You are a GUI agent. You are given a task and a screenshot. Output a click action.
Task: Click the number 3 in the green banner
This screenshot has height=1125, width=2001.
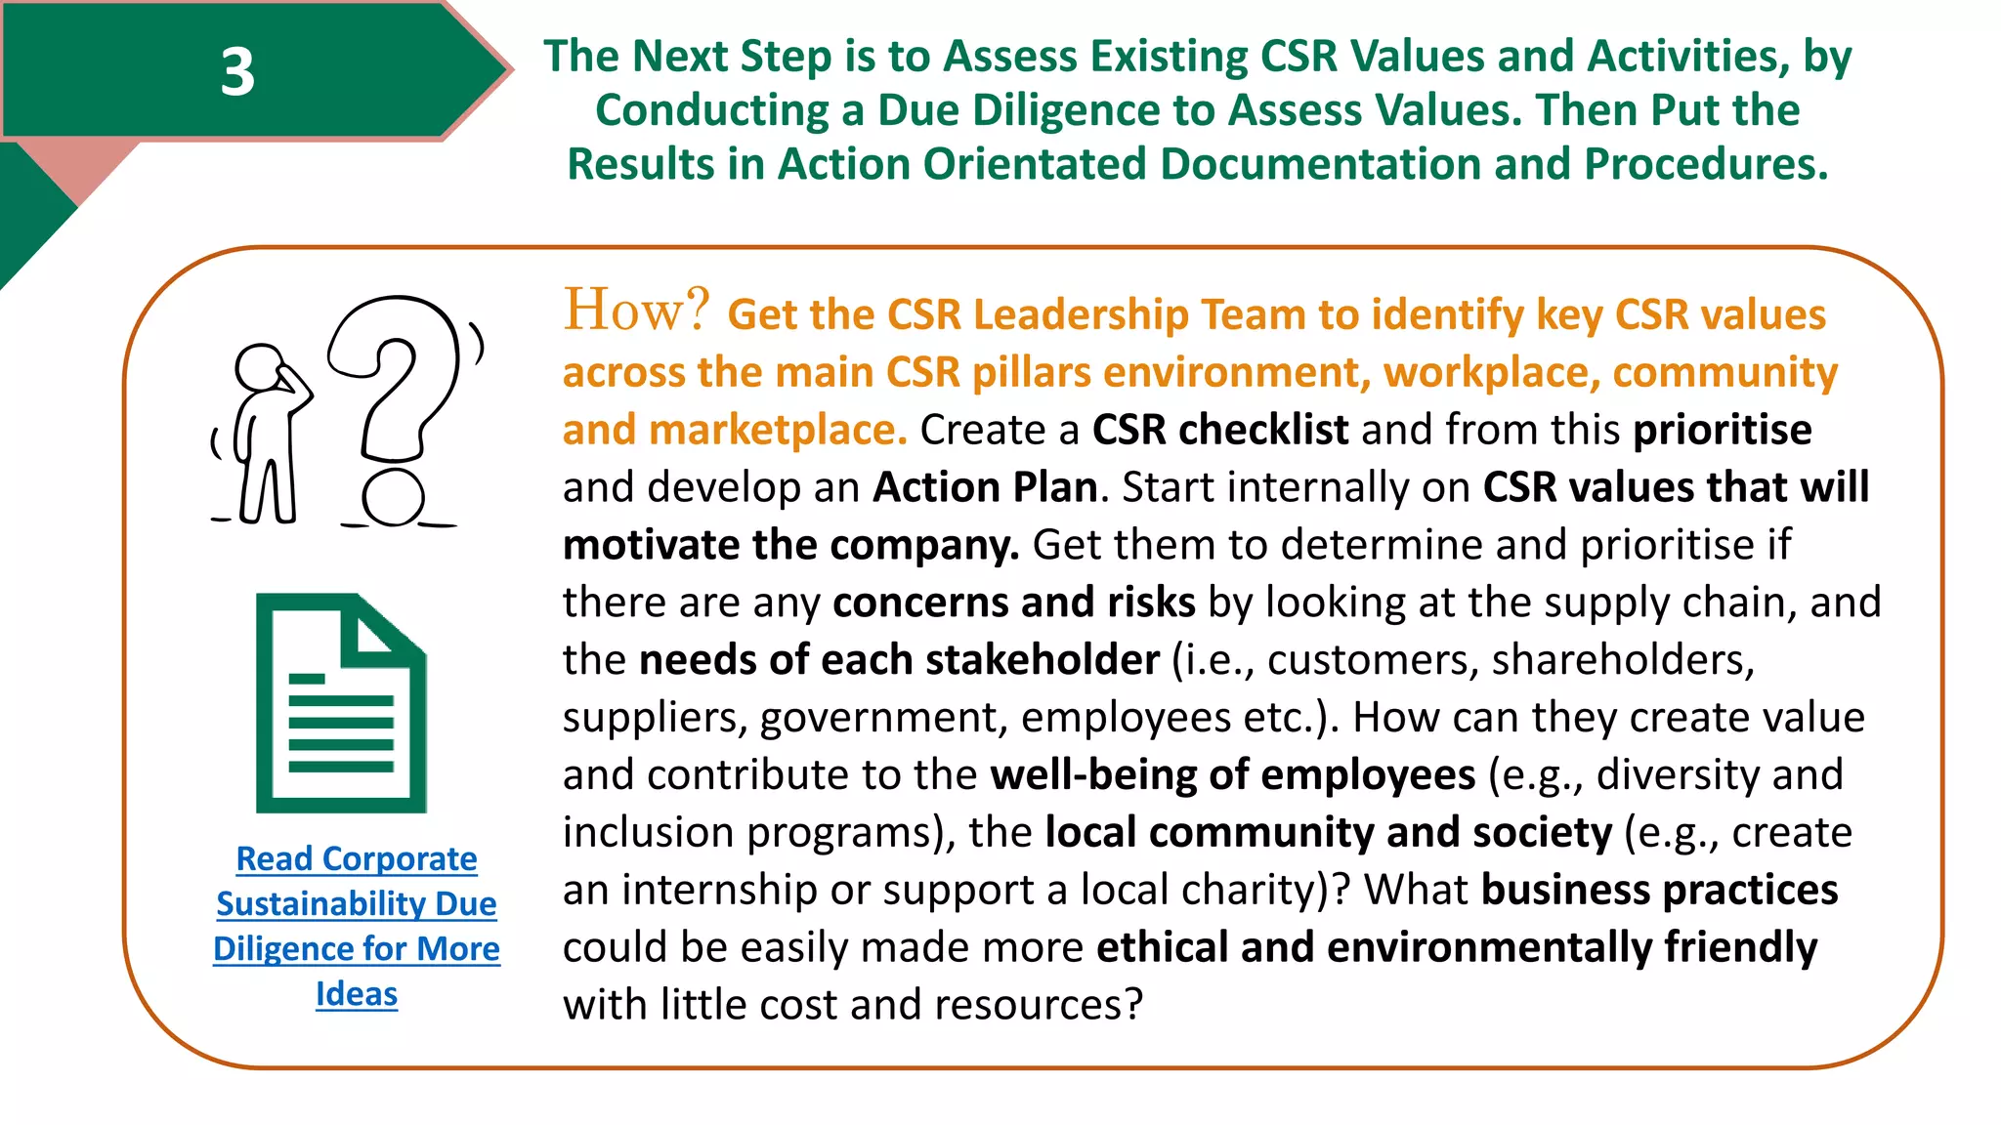[237, 72]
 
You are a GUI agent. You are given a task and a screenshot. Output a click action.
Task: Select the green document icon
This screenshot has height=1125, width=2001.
[341, 703]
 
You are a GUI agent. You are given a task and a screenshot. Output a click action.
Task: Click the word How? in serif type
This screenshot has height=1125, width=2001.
[636, 311]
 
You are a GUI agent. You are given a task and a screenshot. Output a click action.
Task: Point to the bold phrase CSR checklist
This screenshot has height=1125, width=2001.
[1219, 430]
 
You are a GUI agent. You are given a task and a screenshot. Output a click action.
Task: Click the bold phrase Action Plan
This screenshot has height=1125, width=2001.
[985, 487]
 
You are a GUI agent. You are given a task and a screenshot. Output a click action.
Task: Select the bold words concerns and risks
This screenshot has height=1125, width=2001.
[1013, 603]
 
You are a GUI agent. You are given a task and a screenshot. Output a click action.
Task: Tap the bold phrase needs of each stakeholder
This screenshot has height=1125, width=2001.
[899, 660]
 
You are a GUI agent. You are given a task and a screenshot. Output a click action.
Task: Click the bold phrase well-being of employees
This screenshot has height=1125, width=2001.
[1232, 775]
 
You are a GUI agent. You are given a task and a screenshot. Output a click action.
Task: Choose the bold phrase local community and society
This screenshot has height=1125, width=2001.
[1328, 833]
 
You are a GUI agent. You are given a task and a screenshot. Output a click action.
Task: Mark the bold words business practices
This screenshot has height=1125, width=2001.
[1659, 890]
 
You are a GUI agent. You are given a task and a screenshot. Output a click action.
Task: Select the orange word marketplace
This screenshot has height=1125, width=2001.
[778, 430]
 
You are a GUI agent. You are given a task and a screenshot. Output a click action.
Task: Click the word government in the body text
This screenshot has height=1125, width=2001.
[883, 718]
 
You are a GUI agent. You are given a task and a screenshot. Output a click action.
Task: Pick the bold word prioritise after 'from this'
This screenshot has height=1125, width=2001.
[1722, 430]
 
